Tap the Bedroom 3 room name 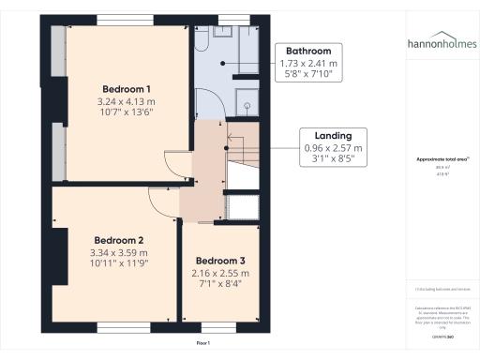(220, 260)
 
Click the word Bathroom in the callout (307, 52)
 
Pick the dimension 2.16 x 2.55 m (220, 273)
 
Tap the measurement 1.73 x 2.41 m (307, 64)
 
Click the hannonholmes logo (442, 43)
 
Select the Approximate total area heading (442, 160)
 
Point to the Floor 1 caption (202, 343)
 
